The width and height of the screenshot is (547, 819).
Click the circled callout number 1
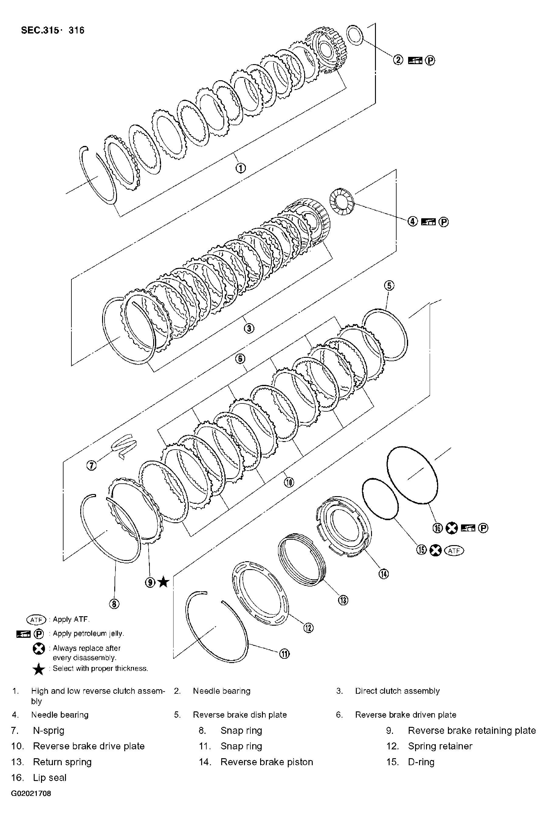point(241,168)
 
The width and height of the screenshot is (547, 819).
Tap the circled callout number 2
point(398,60)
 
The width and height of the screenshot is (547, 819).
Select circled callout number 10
point(289,482)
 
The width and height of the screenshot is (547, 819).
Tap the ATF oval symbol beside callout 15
point(455,550)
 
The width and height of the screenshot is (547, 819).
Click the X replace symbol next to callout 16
point(452,528)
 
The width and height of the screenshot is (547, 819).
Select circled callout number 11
point(285,654)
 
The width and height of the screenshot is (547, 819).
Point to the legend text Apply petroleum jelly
point(88,633)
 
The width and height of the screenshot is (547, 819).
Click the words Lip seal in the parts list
point(50,777)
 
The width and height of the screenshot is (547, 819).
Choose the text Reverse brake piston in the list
point(267,762)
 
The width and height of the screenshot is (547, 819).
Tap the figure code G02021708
point(31,793)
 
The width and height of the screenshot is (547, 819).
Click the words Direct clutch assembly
point(397,691)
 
